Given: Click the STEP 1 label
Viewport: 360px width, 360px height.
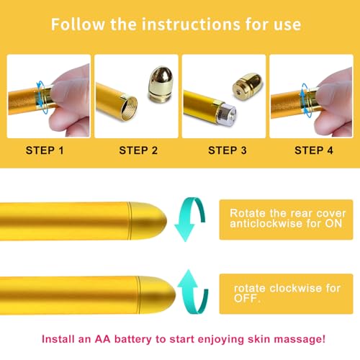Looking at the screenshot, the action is point(45,150).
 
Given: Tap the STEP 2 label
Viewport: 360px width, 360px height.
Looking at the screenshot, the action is point(138,150).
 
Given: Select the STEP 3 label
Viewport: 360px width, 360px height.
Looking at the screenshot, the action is point(228,150).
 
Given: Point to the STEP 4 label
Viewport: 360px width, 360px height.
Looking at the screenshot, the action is point(314,150).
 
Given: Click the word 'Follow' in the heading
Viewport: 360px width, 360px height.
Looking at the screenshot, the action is point(78,24).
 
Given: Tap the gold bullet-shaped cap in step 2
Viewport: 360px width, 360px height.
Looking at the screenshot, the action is point(160,84).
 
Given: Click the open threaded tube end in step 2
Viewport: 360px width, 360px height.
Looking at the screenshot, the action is point(130,109).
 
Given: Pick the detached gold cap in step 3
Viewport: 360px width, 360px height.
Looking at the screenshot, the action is point(247,86).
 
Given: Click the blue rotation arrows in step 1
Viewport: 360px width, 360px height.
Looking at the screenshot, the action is point(40,97).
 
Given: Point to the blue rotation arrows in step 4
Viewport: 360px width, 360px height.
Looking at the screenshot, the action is point(304,100).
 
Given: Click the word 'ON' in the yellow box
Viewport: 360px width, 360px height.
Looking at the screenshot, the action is point(333,223).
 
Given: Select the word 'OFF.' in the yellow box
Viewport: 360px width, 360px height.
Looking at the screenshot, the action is point(247,298).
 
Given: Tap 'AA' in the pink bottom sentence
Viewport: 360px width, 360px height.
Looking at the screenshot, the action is point(103,339).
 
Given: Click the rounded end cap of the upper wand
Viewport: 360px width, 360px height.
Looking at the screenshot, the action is point(148,221).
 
